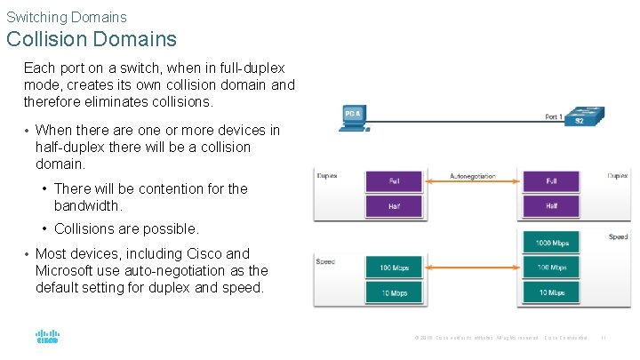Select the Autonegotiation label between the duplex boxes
[x=473, y=176]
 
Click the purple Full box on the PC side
[x=394, y=181]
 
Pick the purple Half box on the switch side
[x=552, y=206]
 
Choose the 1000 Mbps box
[x=552, y=243]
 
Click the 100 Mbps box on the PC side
[x=394, y=268]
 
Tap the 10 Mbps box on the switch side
[x=552, y=292]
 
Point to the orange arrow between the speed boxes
[x=473, y=268]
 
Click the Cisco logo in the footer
[x=47, y=337]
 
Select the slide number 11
[x=604, y=337]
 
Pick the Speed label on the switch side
[x=618, y=237]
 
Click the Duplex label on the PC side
[x=328, y=176]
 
